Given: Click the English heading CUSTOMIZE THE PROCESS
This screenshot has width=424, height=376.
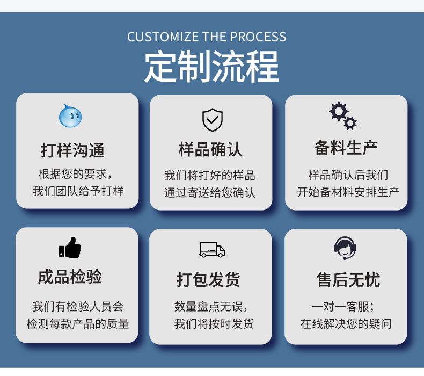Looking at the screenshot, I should coord(207,37).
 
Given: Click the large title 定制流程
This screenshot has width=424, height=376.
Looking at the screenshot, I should coord(211,67).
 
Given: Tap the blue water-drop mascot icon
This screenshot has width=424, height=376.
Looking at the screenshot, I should coord(70,116).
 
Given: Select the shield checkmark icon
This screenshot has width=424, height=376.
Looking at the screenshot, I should coord(212,119).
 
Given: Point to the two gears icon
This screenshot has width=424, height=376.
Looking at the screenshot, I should coord(343,115).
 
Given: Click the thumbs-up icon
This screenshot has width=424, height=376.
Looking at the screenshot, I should coord(70,248).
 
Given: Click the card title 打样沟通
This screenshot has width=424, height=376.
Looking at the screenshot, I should coord(73,150).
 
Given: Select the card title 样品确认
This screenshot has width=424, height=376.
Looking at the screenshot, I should coord(210,149).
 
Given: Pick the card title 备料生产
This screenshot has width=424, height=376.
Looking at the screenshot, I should coord(346,148).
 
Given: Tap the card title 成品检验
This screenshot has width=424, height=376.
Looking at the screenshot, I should coord(70,277).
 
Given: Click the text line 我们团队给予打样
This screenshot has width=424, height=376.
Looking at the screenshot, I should coord(78,191).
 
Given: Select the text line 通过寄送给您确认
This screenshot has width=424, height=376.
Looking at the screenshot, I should coord(210,192).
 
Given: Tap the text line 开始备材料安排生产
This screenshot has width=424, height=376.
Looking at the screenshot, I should coord(348,192).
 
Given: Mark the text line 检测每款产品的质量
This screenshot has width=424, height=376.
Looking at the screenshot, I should coord(78,324).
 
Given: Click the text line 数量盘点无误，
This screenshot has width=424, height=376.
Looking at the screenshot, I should coord(210,307).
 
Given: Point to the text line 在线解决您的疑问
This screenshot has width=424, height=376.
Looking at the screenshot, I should coord(346,324).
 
